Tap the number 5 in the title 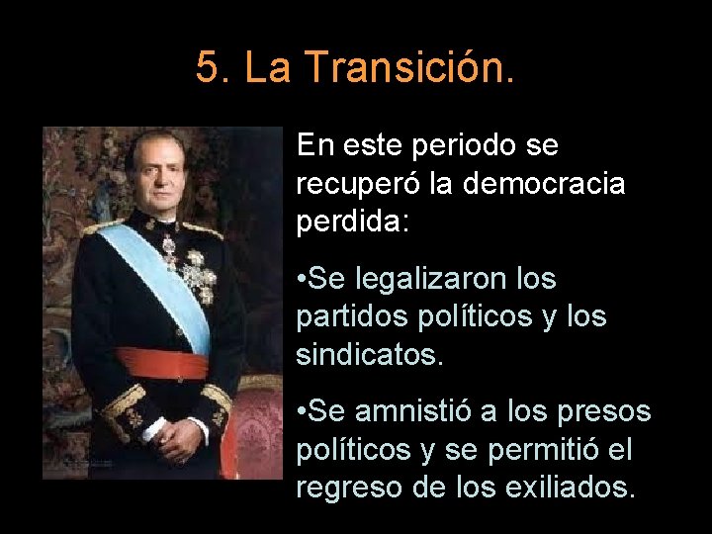206,67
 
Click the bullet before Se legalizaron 302,281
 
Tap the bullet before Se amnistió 302,412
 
